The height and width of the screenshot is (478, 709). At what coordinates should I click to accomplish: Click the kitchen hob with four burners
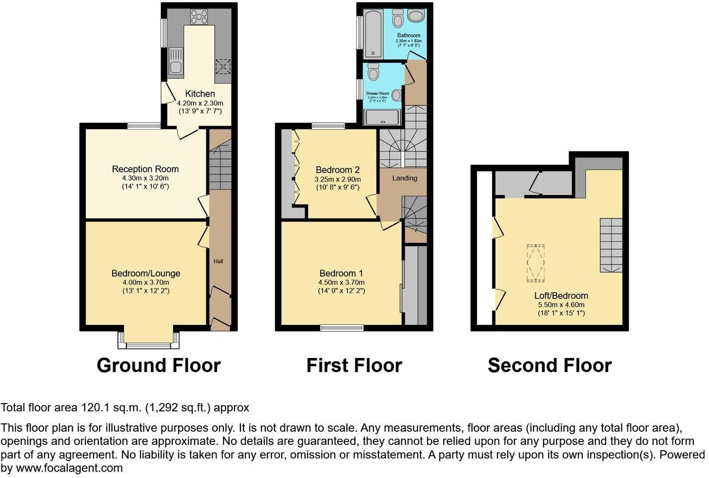coord(196,17)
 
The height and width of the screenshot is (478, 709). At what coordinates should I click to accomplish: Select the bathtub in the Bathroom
coord(374,33)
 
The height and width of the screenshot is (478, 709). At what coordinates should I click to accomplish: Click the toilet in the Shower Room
coord(373,71)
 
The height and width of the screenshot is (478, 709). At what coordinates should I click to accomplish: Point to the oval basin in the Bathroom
coord(418,16)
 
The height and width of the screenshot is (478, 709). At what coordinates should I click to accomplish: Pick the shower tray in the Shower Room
coord(383,118)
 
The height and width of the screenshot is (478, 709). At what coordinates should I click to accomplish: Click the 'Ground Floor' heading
coord(158,365)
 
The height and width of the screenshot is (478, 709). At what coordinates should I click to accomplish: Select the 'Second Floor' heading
coord(549,365)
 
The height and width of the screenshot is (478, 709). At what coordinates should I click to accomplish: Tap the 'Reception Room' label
coord(145,169)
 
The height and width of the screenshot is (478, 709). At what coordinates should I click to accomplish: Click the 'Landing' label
coord(405,178)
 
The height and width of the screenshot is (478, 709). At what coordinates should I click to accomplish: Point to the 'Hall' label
coord(218,261)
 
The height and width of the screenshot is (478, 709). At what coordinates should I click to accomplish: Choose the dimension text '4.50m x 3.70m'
coord(341,282)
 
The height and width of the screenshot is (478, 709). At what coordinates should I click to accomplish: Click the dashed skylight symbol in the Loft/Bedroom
coord(535,263)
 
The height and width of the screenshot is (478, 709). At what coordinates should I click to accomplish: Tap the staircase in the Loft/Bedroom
coord(611,245)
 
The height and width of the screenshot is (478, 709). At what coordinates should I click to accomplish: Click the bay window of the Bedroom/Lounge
coord(148,341)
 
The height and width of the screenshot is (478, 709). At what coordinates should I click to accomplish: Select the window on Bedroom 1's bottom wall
coord(341,327)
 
